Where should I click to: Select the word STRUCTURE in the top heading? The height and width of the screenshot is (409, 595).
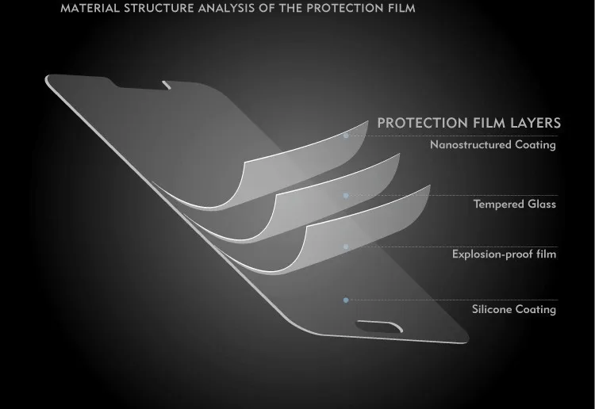coord(159,9)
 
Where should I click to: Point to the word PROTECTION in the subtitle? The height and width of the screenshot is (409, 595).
coord(423,123)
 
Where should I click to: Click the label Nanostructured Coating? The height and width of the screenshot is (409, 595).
coord(493,144)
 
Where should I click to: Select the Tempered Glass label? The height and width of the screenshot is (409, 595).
coord(515,204)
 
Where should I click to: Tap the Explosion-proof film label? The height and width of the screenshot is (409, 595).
coord(504,254)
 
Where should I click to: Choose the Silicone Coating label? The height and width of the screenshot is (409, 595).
coord(514,309)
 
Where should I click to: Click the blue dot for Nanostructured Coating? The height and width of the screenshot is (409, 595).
coord(346,136)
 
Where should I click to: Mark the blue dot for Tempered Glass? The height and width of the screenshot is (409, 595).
coord(346,196)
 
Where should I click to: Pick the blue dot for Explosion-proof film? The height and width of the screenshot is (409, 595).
coord(346,247)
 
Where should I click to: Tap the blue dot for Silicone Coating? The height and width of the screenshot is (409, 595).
coord(346,300)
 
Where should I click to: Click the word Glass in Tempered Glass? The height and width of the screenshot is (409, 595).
coord(542,204)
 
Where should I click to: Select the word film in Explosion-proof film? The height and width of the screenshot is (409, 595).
coord(547,254)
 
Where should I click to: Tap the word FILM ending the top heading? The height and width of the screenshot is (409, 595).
coord(402,9)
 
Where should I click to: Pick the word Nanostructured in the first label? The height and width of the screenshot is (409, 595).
coord(470,144)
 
